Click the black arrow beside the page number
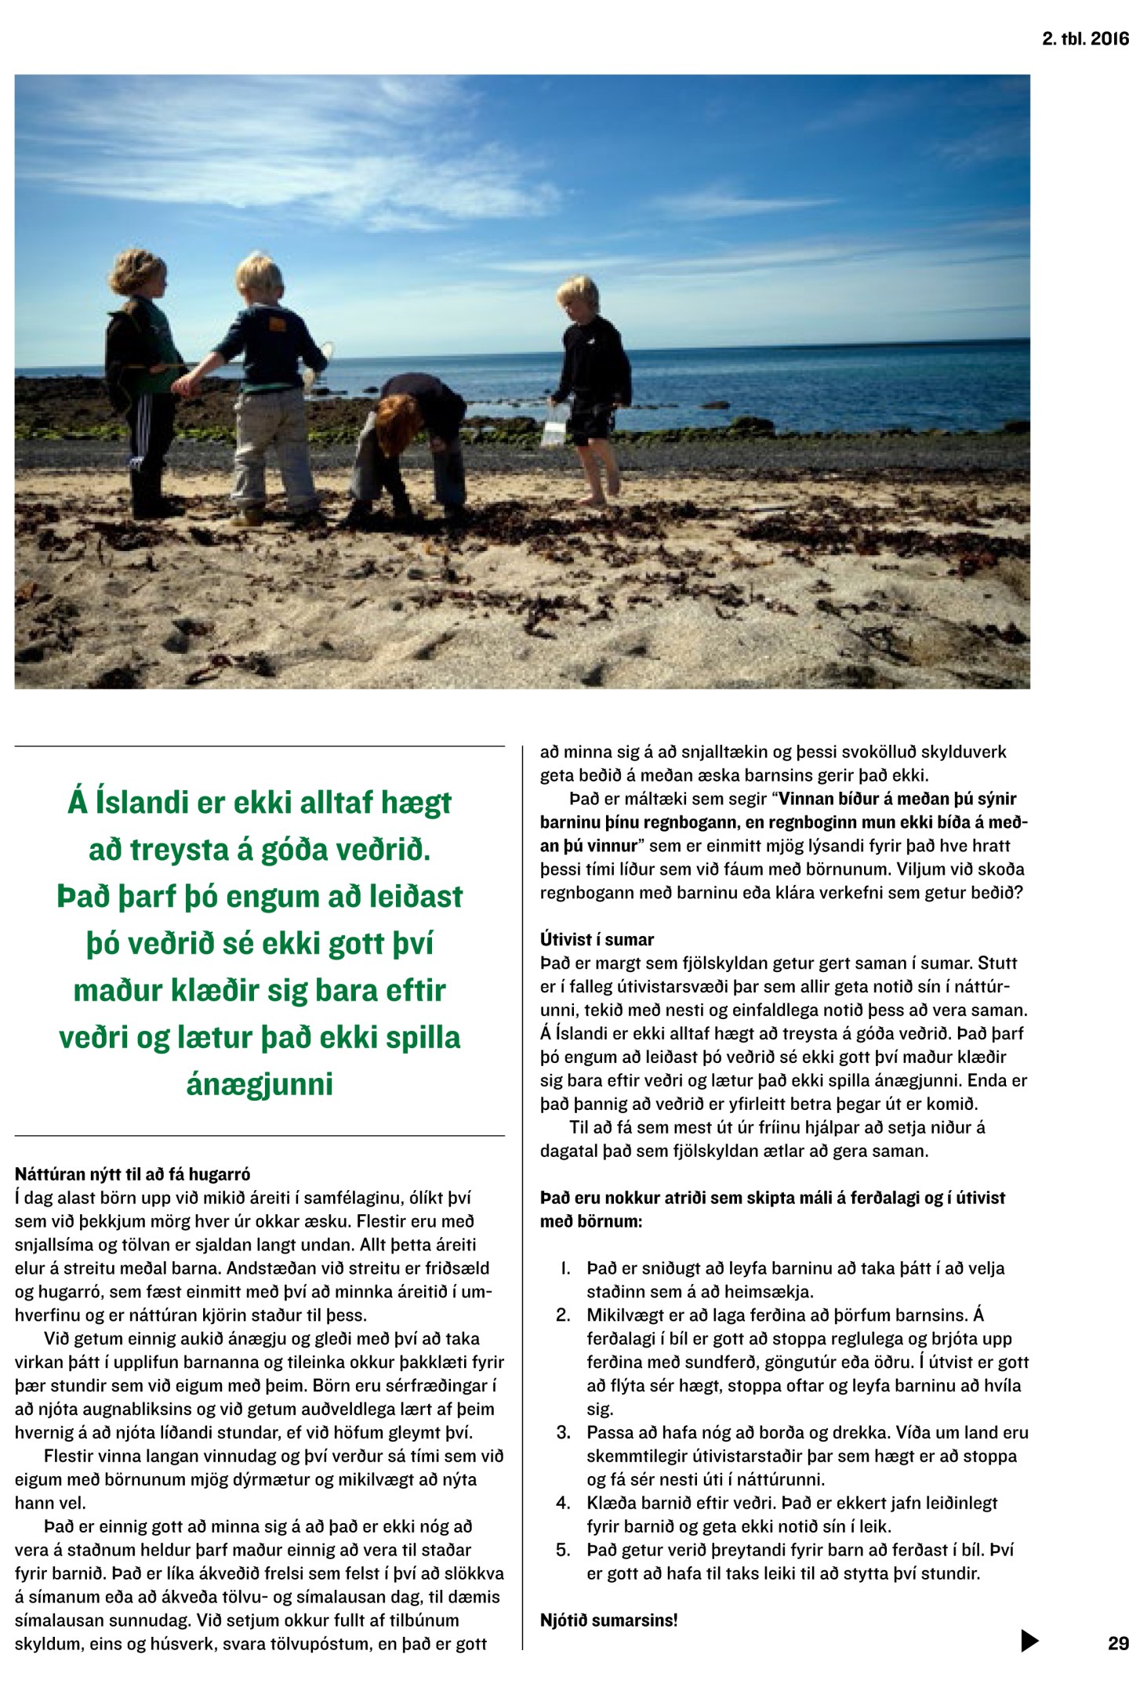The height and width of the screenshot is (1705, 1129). (1029, 1640)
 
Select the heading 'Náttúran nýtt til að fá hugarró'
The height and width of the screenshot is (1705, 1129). (133, 1174)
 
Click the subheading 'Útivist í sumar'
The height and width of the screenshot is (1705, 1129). (597, 939)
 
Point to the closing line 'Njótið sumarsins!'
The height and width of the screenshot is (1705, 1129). (608, 1620)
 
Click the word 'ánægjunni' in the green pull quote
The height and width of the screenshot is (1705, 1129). (260, 1084)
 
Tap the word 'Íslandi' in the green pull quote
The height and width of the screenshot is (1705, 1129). (154, 802)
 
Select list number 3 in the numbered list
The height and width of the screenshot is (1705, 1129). (563, 1432)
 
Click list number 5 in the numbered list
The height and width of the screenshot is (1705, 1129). (563, 1550)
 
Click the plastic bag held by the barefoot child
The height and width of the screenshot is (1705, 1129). (556, 424)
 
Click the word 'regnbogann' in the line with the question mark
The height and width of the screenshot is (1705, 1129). (584, 892)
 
